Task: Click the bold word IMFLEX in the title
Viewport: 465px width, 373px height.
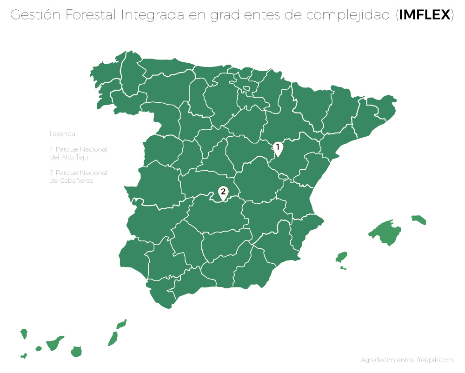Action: [425, 15]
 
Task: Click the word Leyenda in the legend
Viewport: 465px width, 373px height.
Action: [63, 134]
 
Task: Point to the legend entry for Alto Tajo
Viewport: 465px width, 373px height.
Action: [78, 153]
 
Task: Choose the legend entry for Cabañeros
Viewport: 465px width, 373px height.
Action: [78, 176]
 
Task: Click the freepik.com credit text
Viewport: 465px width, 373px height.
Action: [406, 360]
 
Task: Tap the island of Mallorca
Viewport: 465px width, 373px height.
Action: [385, 232]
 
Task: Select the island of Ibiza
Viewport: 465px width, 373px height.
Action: [342, 257]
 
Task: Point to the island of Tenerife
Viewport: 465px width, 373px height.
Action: [55, 343]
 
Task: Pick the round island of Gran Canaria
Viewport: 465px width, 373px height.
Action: [76, 351]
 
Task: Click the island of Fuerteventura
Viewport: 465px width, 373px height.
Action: [113, 338]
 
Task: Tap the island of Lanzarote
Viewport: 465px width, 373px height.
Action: [121, 324]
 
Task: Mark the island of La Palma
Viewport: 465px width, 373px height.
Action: [24, 333]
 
